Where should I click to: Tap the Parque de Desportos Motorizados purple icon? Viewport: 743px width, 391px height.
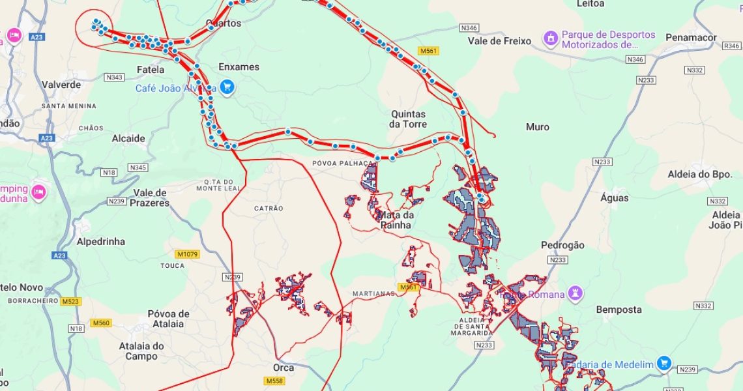551,38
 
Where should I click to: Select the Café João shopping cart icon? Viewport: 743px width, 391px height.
227,87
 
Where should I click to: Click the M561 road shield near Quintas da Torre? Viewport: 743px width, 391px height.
428,51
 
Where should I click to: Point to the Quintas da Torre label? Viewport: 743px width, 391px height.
408,119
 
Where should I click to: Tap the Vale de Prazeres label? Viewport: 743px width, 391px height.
151,197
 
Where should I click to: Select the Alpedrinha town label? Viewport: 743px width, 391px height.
100,241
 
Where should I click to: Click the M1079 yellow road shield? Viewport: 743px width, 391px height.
187,254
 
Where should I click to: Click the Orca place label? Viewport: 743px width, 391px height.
283,368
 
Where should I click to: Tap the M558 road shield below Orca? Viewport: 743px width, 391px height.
274,381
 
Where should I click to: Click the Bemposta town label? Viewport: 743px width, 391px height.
619,310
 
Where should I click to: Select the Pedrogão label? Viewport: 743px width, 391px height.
562,245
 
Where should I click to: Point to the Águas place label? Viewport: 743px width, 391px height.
614,197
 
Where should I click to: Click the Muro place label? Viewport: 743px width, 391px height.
537,127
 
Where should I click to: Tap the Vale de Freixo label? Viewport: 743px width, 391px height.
499,41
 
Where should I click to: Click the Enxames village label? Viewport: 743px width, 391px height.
239,67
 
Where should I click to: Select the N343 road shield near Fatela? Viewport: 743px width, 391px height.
113,77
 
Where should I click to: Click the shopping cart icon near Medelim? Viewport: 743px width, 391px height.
664,363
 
